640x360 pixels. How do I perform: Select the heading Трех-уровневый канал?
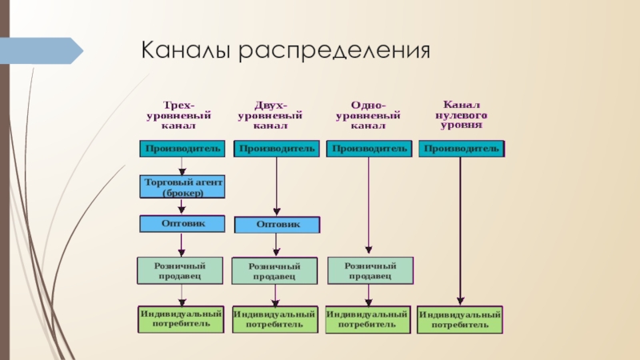180,114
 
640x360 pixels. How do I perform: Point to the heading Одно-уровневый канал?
369,114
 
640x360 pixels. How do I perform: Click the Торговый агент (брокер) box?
182,188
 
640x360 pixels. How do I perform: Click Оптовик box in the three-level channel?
182,223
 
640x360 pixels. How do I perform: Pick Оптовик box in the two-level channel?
277,225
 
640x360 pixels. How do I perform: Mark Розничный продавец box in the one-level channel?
370,270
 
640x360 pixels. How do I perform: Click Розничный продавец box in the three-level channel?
182,270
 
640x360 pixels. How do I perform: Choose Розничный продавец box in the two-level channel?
276,270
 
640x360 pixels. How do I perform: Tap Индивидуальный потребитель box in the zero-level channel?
461,320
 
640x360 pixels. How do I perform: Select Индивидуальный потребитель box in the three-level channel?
181,318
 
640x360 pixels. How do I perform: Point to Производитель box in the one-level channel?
370,148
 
